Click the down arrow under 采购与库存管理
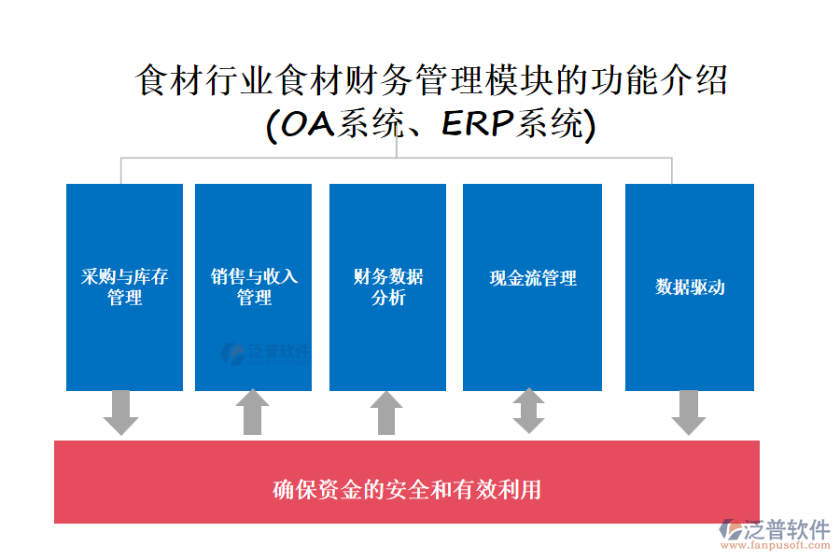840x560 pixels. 120,413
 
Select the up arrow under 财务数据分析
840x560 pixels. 386,413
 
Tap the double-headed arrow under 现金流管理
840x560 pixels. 528,412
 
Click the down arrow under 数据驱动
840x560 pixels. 689,413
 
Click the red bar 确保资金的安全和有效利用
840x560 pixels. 407,489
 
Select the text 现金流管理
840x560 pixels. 533,278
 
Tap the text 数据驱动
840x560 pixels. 690,287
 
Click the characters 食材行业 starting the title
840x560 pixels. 206,80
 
